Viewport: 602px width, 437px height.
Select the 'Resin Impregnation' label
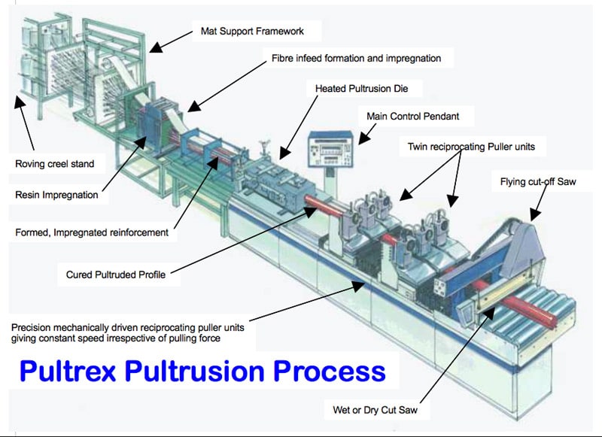(56, 196)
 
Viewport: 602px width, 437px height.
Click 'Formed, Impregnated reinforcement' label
(91, 233)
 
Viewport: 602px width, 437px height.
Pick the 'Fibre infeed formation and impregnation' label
(356, 58)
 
